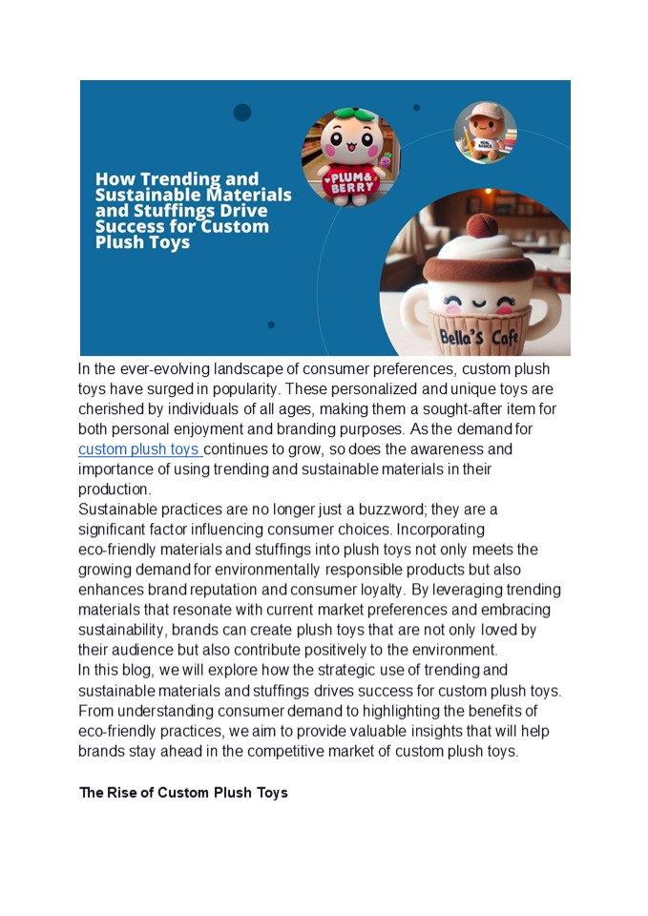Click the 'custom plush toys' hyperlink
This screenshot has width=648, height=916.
click(x=139, y=449)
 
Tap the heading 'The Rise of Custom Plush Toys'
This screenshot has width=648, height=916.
click(x=183, y=793)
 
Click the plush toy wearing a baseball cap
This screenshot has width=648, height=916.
click(x=485, y=133)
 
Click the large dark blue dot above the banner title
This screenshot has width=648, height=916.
click(x=242, y=113)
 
